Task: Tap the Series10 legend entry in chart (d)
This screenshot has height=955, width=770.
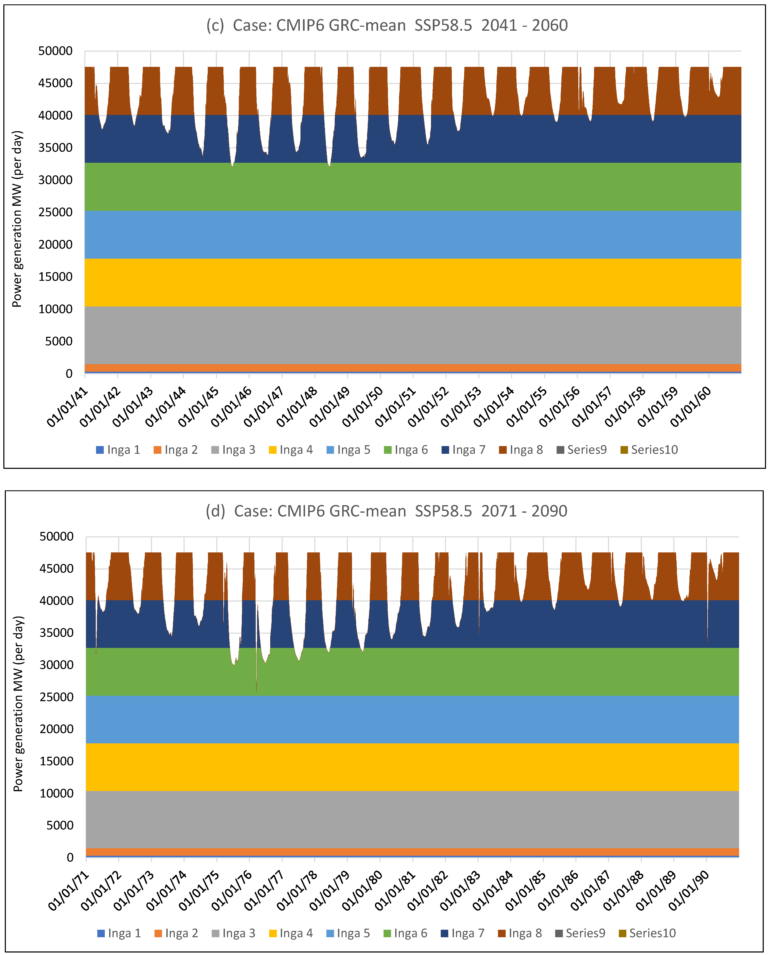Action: click(648, 933)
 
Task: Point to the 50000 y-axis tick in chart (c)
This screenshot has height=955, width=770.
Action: click(56, 51)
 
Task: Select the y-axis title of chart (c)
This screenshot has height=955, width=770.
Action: click(17, 219)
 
